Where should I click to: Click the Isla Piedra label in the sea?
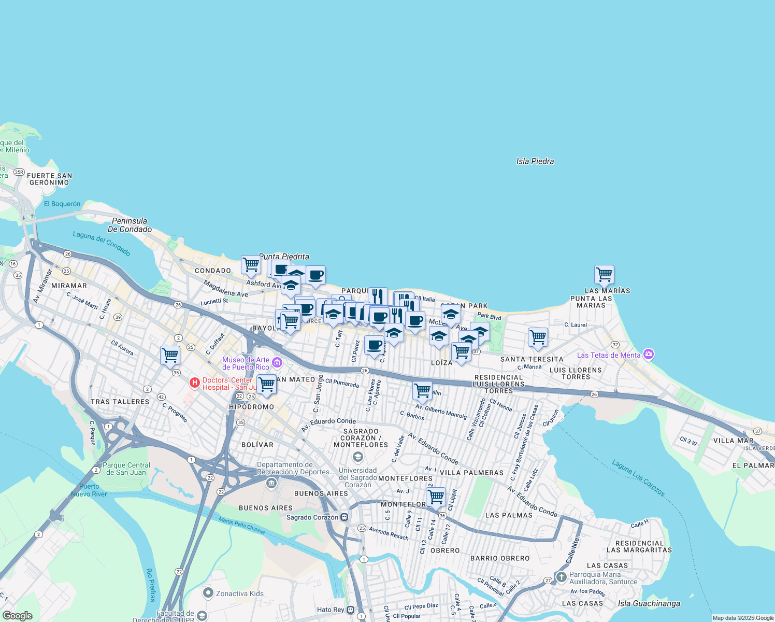coord(535,161)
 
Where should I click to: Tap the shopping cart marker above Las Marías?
coord(604,274)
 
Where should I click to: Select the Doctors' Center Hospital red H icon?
coord(195,383)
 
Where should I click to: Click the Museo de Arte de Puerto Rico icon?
coord(277,363)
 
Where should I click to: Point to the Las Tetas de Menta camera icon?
coord(649,355)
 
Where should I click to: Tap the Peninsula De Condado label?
coord(130,225)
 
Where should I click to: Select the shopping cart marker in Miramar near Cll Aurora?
coord(170,356)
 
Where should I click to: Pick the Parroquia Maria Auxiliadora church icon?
coord(561,577)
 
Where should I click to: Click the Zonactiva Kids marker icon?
coord(208,593)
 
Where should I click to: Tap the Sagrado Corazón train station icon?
coord(345,517)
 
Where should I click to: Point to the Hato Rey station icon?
coord(351,610)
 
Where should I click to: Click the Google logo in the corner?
coord(18,616)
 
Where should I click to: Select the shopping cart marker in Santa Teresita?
coord(538,337)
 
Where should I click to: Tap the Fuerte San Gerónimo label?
coord(50,179)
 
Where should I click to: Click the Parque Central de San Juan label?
coord(126,469)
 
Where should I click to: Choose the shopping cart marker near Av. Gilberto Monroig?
coord(422,390)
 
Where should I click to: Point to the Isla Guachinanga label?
coord(649,603)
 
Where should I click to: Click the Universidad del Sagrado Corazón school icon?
coord(357,457)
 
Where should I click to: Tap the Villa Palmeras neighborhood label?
coord(471,473)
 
